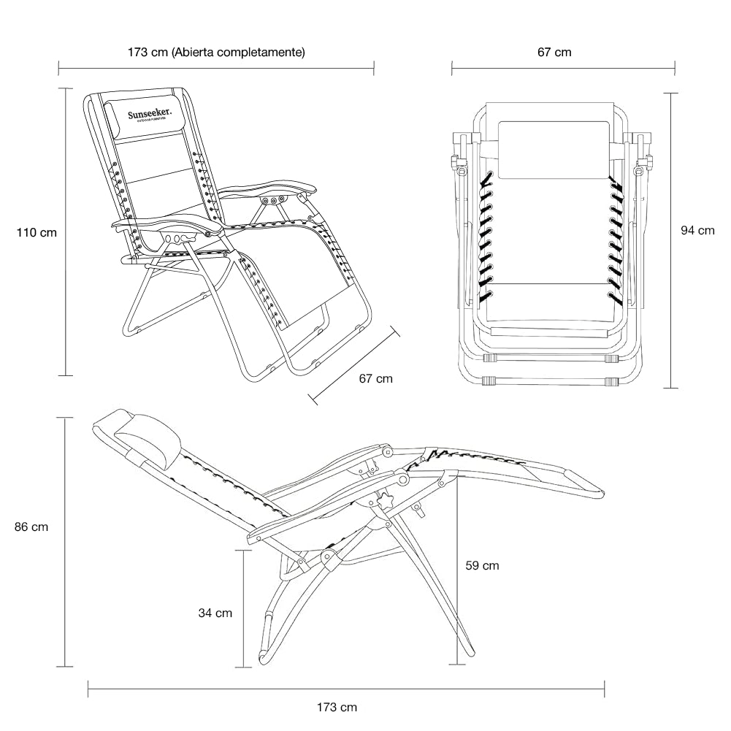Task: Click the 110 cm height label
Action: [x=37, y=233]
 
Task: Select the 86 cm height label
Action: [x=31, y=527]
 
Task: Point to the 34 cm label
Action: [x=215, y=613]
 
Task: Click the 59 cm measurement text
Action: [x=482, y=565]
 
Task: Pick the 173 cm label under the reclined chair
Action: [x=337, y=707]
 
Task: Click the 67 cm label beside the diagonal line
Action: [x=375, y=378]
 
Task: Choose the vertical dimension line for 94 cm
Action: [x=673, y=240]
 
